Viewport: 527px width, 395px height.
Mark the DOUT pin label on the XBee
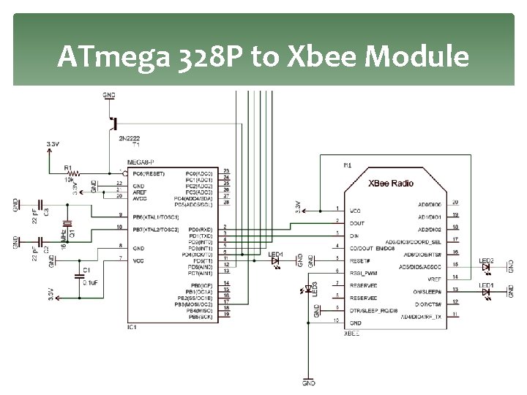[x=358, y=222]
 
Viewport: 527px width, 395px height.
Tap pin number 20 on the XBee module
[x=456, y=202]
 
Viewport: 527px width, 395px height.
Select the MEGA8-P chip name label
[x=140, y=162]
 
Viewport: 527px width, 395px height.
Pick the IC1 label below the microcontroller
[x=132, y=327]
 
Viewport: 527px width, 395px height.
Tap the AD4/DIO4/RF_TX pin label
[x=420, y=315]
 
